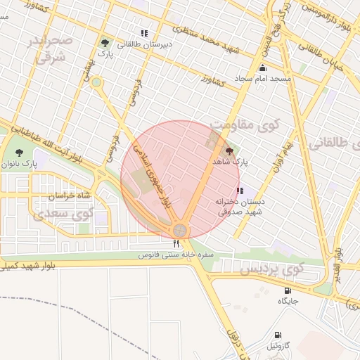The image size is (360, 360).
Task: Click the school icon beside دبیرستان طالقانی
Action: pos(144,33)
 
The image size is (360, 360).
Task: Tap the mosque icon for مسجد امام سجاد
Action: pos(263,68)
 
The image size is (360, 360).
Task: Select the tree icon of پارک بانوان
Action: pos(19,152)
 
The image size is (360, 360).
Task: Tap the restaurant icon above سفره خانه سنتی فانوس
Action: pos(176,243)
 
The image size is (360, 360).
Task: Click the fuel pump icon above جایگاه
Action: pos(288,290)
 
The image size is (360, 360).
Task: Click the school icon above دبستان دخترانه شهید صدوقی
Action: pos(240,191)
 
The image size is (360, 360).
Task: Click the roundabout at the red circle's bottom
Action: pos(181,230)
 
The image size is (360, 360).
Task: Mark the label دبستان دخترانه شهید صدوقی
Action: pos(238,206)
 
